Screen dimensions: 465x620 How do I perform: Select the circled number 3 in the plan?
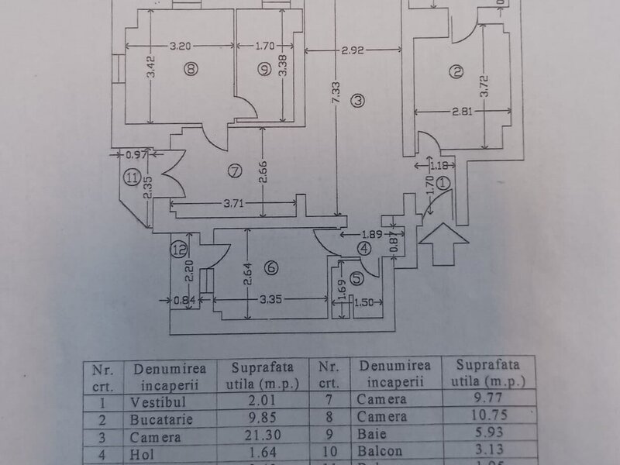click(356, 99)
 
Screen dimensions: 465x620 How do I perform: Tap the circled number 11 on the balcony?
click(133, 178)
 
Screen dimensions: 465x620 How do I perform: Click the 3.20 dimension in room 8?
click(181, 45)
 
